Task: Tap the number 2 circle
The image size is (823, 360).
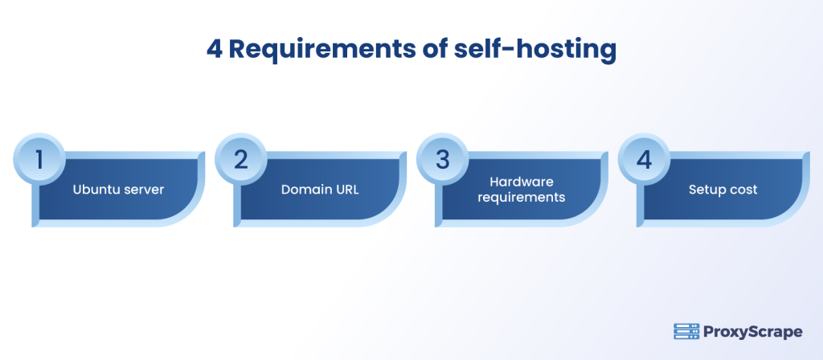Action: [x=240, y=159]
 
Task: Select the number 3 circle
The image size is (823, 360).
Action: [x=442, y=159]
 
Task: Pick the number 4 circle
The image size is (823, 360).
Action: [x=643, y=159]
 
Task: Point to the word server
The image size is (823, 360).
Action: [x=144, y=190]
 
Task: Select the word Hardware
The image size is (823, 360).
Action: [x=521, y=182]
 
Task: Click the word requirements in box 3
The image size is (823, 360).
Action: [x=521, y=197]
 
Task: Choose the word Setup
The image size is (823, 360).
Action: [x=706, y=190]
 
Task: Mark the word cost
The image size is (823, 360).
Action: [x=742, y=190]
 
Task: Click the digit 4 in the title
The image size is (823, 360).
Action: [x=215, y=51]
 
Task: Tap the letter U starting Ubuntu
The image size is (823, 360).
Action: [x=76, y=190]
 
